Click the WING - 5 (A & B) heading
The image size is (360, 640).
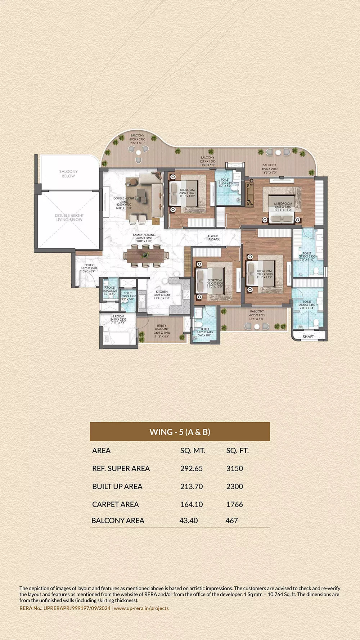point(180,432)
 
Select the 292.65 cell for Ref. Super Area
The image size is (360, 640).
point(191,469)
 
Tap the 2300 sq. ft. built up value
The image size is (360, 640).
point(234,487)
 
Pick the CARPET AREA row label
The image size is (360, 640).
point(115,505)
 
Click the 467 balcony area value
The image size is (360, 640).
point(231,520)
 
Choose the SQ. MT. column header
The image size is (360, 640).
point(193,451)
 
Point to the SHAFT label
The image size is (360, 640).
point(308,337)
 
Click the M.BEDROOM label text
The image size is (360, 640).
point(283,204)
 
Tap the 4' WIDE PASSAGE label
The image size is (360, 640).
point(213,238)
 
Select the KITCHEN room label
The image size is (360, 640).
point(162,292)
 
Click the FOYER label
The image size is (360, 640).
point(89,265)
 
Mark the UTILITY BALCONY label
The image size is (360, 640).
point(162,327)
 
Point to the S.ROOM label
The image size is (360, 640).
point(118,316)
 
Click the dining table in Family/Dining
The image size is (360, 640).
point(145,255)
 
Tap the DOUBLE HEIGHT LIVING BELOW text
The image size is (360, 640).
point(69,217)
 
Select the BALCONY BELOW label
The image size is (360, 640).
point(68,173)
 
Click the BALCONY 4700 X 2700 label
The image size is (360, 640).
point(137,136)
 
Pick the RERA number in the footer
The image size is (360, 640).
point(65,608)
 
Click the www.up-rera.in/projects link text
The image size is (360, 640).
point(141,608)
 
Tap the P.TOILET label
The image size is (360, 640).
point(110,288)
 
